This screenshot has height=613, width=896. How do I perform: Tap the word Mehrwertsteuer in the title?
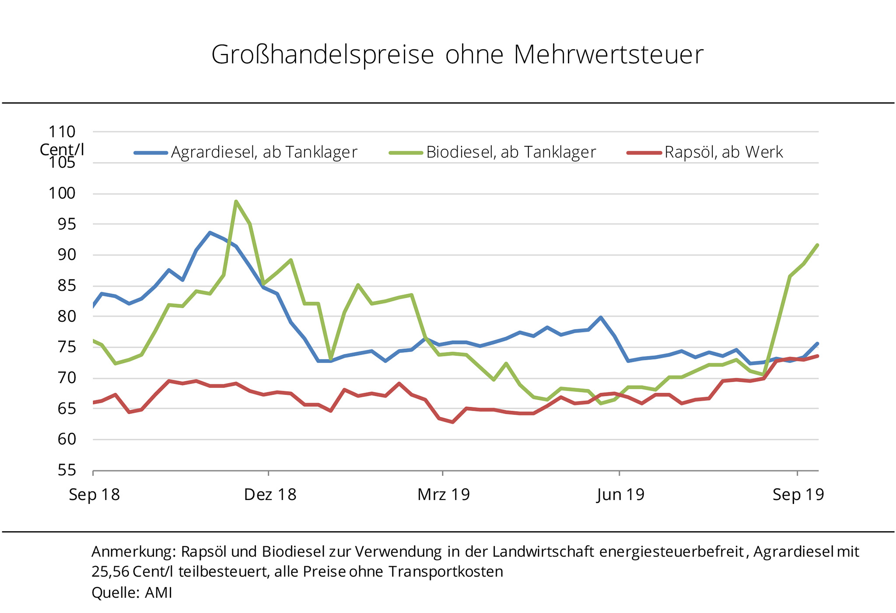[608, 55]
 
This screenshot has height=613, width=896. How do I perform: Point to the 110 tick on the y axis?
[62, 132]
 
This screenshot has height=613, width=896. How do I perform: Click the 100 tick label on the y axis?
[62, 194]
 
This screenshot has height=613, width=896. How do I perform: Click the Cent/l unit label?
[62, 150]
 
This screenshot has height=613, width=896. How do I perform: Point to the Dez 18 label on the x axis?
[270, 495]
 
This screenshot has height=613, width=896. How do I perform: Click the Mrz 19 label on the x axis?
[444, 495]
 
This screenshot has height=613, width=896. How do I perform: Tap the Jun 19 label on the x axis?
[620, 495]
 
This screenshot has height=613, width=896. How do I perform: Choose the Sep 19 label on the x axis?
[798, 495]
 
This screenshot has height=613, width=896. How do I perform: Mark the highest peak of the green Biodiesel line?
[236, 201]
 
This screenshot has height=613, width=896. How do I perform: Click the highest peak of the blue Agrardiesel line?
[210, 233]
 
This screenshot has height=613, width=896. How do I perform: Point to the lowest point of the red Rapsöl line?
[452, 422]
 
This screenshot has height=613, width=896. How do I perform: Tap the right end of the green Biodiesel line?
[817, 245]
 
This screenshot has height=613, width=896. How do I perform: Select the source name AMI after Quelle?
[158, 593]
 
